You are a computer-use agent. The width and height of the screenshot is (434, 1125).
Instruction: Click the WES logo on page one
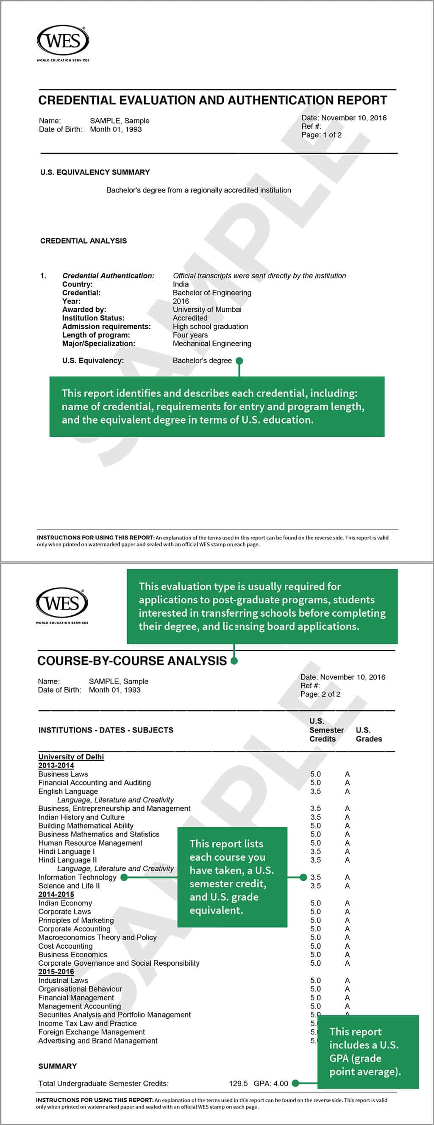click(63, 42)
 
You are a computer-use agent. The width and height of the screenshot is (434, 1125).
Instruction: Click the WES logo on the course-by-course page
click(61, 604)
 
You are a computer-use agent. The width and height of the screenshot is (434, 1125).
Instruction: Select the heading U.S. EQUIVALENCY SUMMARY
click(95, 172)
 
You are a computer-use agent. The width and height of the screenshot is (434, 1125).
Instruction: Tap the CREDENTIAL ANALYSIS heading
click(83, 241)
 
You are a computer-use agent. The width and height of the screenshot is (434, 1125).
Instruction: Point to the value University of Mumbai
click(207, 309)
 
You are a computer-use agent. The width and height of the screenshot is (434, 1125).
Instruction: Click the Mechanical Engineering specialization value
click(212, 343)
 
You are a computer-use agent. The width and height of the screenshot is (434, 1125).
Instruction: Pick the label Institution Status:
click(93, 318)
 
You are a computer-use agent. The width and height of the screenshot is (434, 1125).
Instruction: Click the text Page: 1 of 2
click(321, 135)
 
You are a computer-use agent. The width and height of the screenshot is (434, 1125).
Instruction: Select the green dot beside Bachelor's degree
click(239, 361)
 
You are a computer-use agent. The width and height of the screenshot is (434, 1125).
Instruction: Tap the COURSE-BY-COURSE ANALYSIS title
click(132, 661)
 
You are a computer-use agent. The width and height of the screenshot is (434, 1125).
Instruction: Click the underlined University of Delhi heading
click(71, 756)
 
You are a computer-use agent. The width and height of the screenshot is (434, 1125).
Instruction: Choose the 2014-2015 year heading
click(56, 894)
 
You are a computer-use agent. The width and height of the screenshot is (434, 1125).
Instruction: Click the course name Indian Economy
click(65, 903)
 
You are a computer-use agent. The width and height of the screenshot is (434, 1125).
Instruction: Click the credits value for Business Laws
click(315, 774)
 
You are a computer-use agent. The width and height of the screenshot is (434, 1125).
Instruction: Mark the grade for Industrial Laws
click(347, 980)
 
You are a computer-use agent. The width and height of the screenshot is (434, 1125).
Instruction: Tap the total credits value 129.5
click(238, 1083)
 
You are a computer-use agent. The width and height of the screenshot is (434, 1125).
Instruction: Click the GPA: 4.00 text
click(271, 1083)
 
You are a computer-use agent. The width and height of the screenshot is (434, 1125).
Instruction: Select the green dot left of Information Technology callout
click(124, 877)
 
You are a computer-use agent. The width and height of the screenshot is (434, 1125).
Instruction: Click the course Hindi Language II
click(67, 860)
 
